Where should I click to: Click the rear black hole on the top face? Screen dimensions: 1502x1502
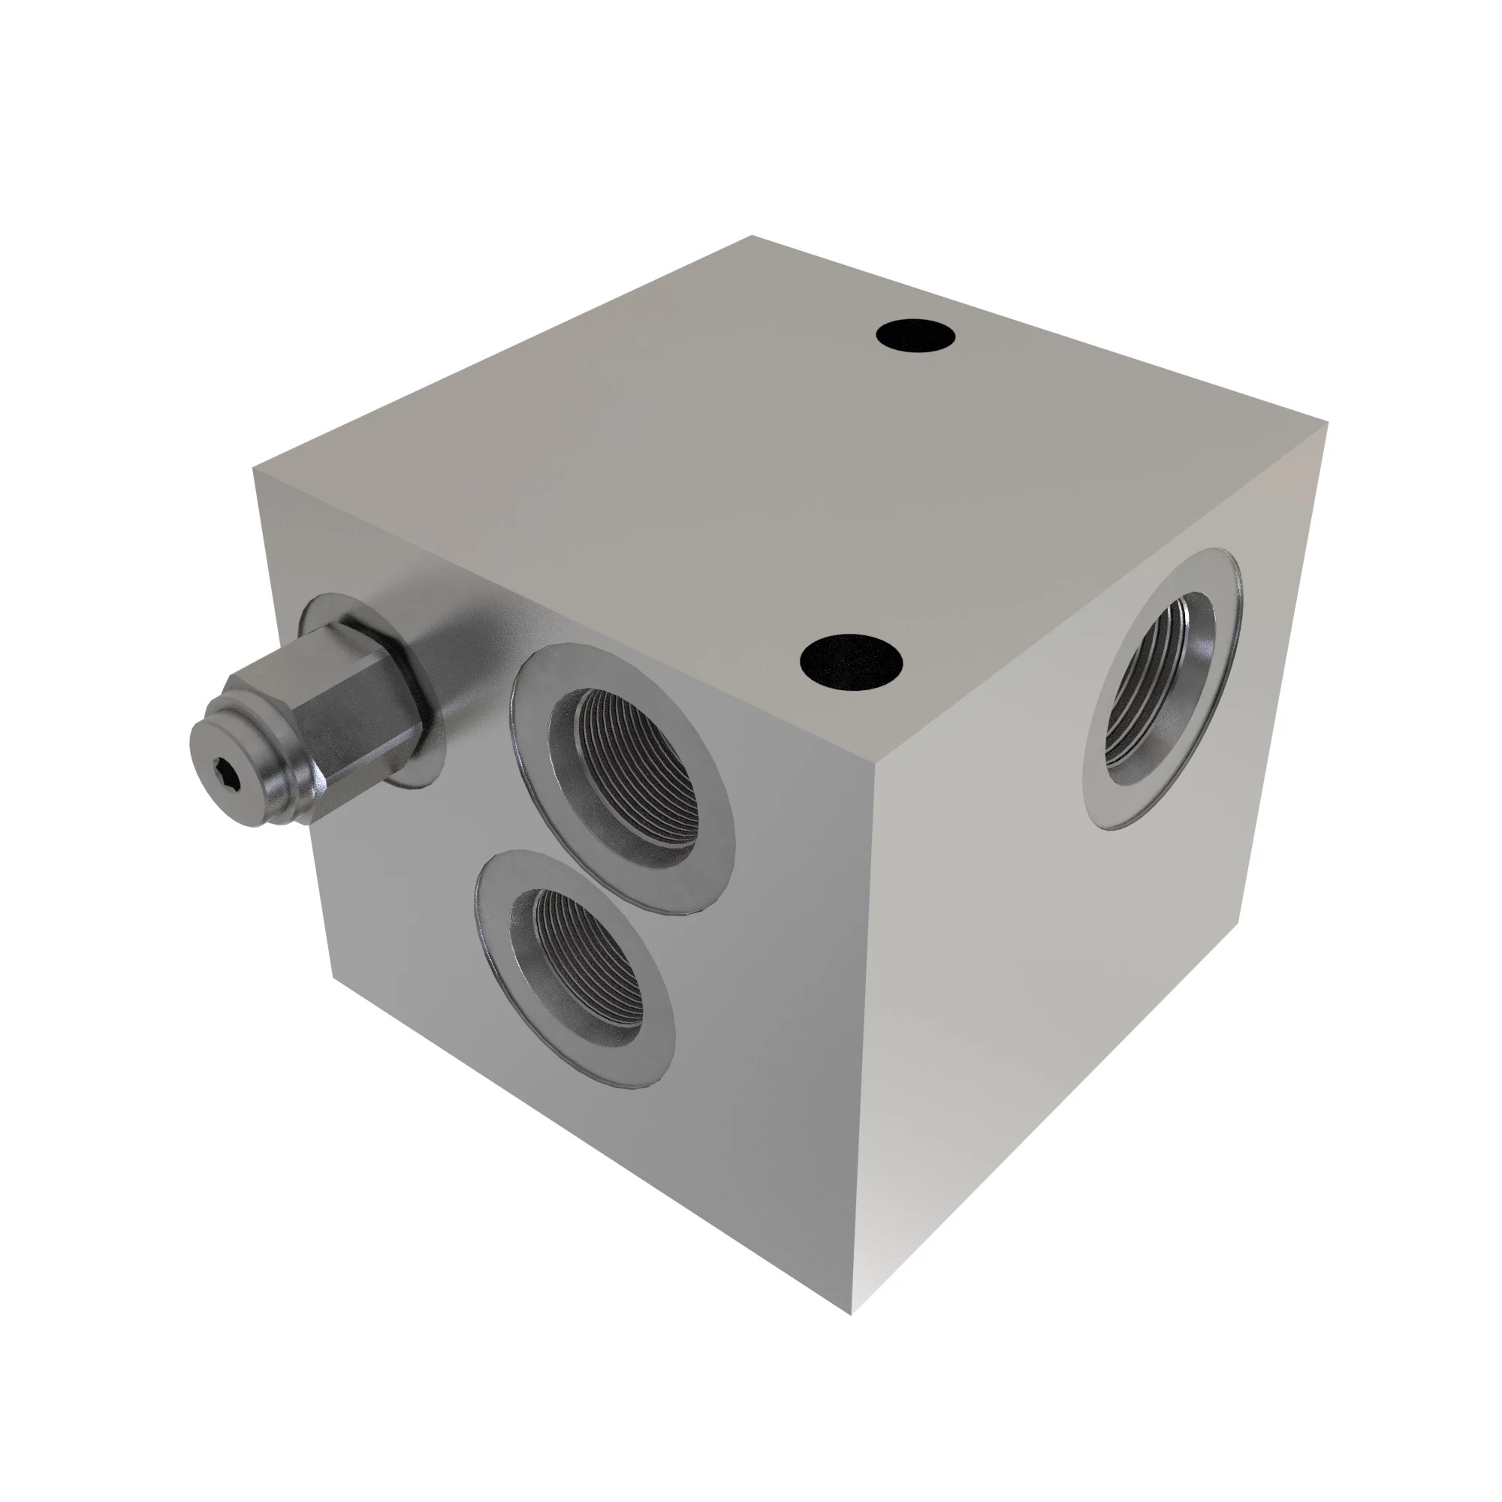pos(915,336)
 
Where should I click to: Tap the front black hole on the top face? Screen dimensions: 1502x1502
pos(851,662)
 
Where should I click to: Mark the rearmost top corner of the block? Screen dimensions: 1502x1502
pos(752,237)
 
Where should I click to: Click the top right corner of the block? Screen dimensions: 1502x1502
pos(1326,423)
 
